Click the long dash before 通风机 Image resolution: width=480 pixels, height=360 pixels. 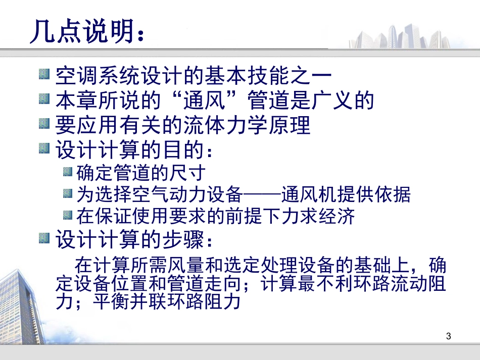click(263, 194)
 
